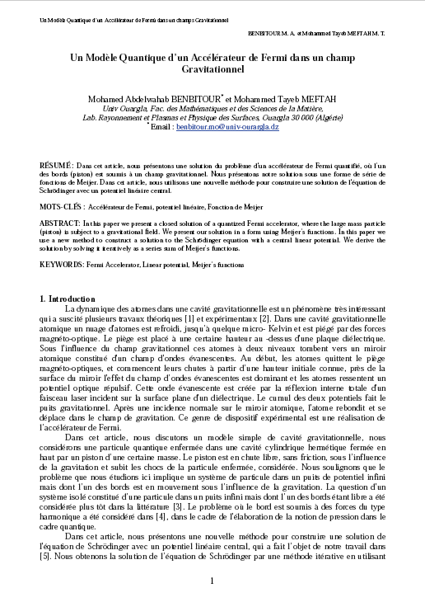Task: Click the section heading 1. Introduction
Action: click(x=72, y=298)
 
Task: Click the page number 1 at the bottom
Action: click(x=212, y=581)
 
